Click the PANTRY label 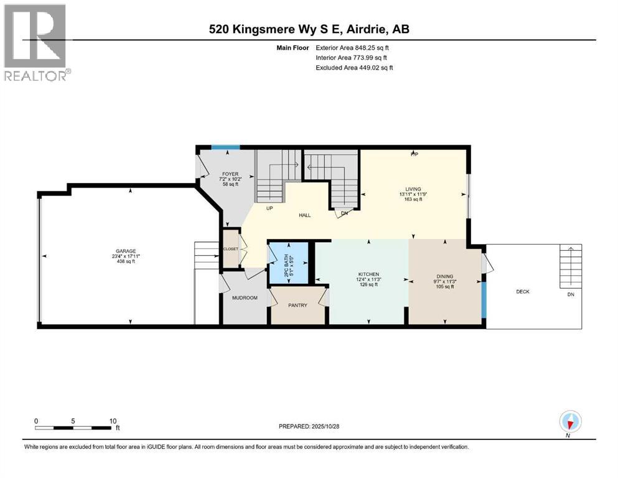[297, 305]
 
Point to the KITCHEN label [368, 274]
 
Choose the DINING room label [444, 276]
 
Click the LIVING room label [413, 189]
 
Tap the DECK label [523, 291]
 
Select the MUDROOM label [245, 298]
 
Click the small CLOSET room [232, 249]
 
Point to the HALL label [304, 215]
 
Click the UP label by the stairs [269, 209]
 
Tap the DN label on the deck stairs [571, 294]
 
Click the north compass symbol [570, 422]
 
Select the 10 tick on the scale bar [113, 421]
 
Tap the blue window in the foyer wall [225, 148]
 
